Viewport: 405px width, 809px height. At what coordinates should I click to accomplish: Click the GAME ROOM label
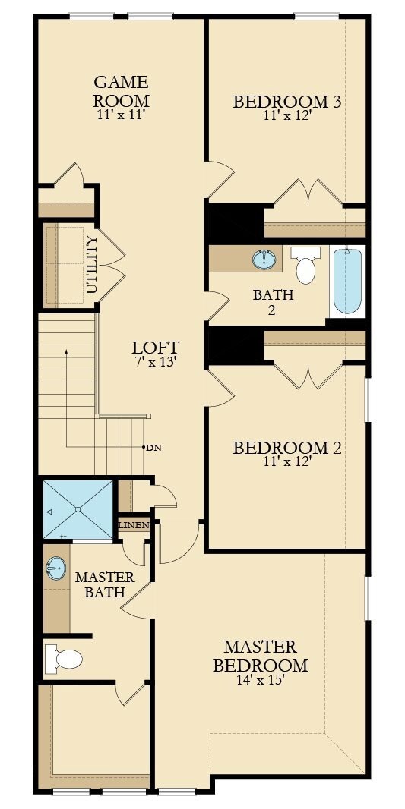[x=122, y=90]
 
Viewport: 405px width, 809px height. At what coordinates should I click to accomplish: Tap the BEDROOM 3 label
[x=286, y=102]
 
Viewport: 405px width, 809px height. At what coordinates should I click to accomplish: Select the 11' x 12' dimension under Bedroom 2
[x=286, y=461]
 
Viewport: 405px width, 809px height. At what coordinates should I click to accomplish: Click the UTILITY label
[x=92, y=265]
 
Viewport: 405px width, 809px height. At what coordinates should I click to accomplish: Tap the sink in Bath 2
[x=264, y=259]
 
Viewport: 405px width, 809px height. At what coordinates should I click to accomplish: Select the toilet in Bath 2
[x=305, y=265]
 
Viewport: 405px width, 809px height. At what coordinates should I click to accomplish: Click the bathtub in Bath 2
[x=347, y=282]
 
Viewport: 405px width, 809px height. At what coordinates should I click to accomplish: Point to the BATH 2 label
[x=273, y=302]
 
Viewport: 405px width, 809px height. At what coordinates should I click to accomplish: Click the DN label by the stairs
[x=153, y=447]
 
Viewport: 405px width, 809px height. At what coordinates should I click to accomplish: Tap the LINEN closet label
[x=134, y=525]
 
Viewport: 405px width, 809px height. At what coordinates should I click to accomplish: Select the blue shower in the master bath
[x=78, y=510]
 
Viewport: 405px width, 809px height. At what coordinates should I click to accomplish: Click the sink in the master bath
[x=55, y=568]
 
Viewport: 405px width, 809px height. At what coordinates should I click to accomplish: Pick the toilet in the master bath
[x=64, y=659]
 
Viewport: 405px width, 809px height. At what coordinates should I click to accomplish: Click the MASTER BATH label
[x=105, y=584]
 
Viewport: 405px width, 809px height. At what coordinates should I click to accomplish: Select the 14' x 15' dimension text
[x=260, y=680]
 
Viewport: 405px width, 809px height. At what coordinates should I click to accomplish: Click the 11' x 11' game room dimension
[x=122, y=115]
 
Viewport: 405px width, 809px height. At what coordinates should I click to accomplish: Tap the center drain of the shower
[x=78, y=510]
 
